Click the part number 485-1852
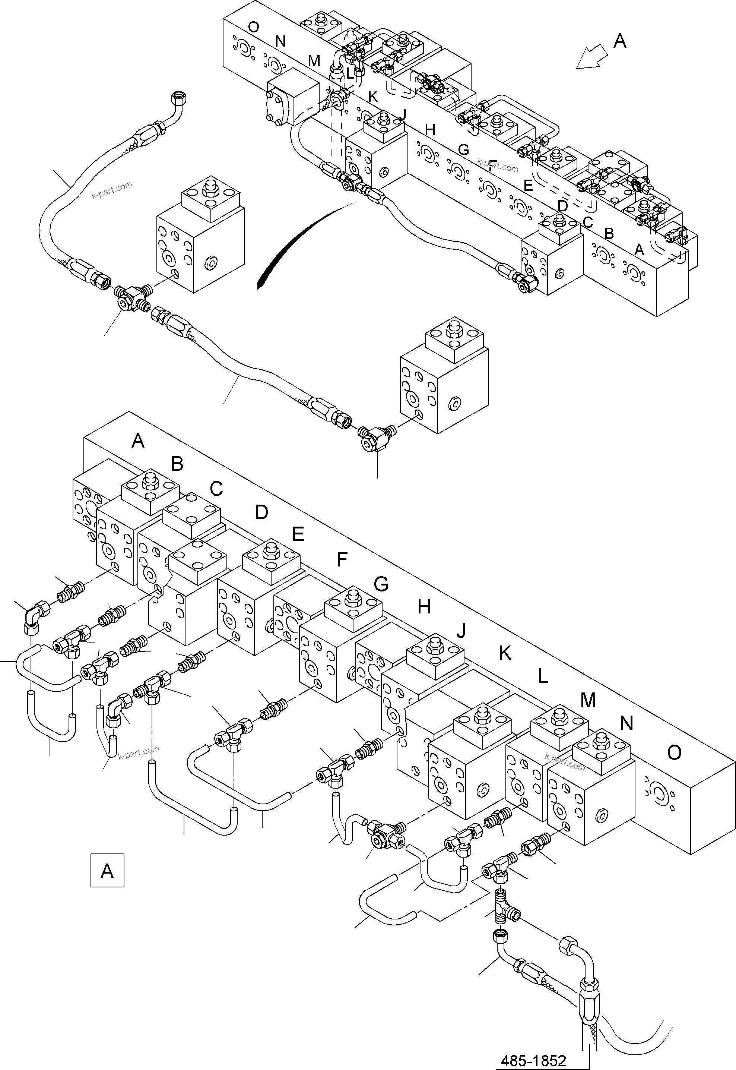tap(533, 1060)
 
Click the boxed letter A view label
tap(107, 870)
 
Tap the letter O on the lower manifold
tap(674, 752)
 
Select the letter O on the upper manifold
tap(253, 27)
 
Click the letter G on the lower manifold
tap(381, 584)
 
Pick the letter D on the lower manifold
tap(261, 512)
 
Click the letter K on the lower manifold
tap(505, 653)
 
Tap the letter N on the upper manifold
tap(280, 41)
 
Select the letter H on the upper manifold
tap(430, 130)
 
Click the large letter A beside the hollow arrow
tap(620, 41)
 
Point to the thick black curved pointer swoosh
tap(295, 240)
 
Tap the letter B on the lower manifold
tap(177, 463)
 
